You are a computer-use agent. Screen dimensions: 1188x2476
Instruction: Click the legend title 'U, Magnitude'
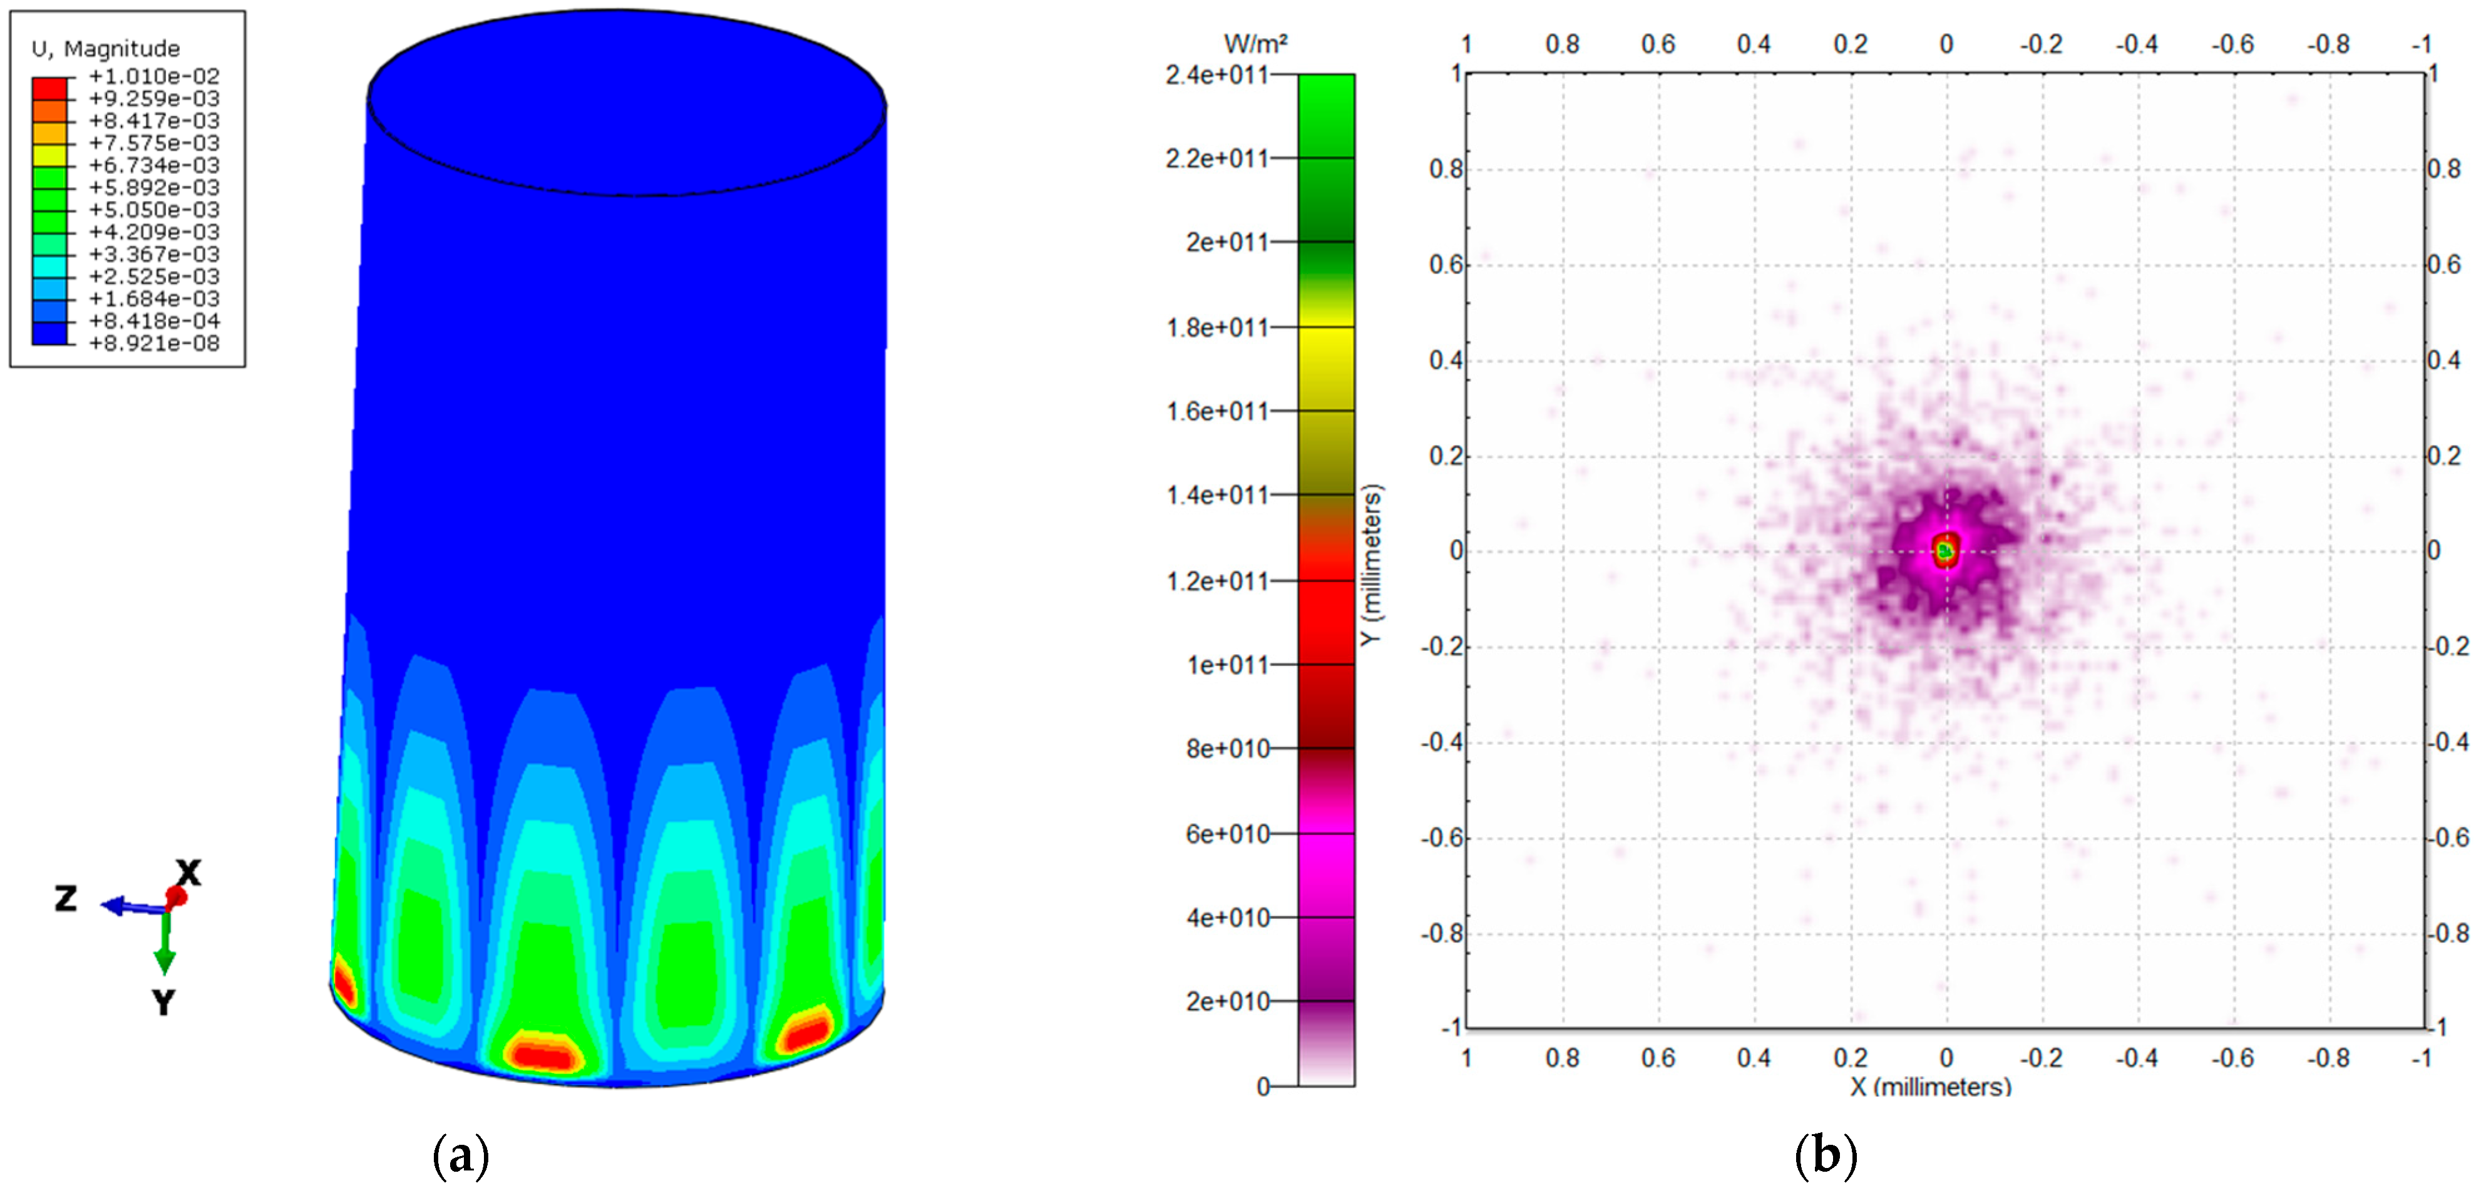[106, 48]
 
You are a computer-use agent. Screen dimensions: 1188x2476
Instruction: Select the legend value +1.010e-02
[154, 76]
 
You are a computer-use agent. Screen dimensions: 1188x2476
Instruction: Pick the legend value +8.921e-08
[154, 343]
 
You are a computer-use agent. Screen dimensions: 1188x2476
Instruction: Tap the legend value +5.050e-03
[154, 210]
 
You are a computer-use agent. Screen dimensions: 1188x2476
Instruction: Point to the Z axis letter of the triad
[65, 899]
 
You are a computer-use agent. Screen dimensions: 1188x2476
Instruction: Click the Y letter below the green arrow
[163, 1003]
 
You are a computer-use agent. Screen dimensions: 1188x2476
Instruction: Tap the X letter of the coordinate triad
[188, 873]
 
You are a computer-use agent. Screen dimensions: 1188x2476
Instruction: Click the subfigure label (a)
[461, 1154]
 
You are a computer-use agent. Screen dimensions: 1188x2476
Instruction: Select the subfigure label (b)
[1826, 1154]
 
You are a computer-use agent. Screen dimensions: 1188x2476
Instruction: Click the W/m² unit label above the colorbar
[1255, 43]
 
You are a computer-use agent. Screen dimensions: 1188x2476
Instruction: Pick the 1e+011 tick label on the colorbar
[1226, 664]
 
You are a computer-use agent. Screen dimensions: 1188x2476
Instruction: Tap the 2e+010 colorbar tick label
[1226, 1001]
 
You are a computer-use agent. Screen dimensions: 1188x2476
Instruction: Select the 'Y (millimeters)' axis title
[1372, 565]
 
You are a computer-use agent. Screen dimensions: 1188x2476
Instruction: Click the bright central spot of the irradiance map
[1946, 551]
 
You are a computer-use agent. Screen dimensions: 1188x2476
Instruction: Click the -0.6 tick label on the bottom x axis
[2232, 1058]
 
